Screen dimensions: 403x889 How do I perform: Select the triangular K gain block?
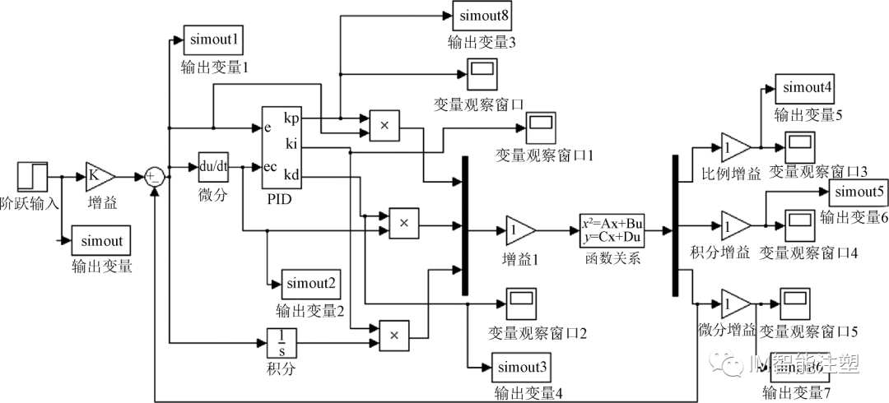point(100,176)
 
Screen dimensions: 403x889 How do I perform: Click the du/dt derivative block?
point(215,167)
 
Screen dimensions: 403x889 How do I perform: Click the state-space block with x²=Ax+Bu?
point(612,230)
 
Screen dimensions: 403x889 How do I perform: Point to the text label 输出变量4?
point(528,394)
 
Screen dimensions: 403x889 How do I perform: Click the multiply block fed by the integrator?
point(393,335)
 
